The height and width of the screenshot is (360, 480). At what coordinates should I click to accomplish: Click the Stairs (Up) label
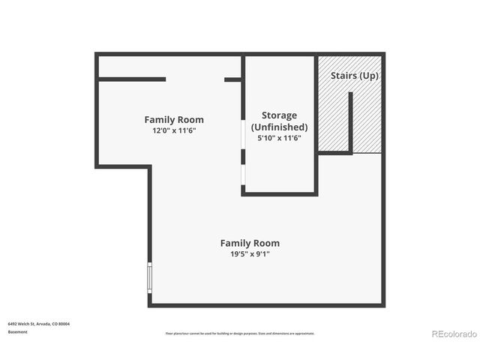coord(355,76)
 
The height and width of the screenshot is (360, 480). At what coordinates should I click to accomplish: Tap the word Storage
coord(279,115)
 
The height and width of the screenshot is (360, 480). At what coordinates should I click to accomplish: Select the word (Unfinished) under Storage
coord(279,127)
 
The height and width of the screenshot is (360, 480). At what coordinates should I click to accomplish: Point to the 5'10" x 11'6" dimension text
coord(279,138)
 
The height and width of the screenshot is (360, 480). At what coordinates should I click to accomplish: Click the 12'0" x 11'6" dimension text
coord(174,130)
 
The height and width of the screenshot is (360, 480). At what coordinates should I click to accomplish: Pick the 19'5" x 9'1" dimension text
coord(249,254)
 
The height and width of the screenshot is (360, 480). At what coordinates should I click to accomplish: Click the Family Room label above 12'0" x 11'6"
coord(174,120)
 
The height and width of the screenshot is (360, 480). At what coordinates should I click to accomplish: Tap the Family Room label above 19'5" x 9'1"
coord(249,243)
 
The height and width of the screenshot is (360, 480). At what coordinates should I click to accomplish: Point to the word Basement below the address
coord(18,331)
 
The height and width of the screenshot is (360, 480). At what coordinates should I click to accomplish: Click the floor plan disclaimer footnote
coord(240,333)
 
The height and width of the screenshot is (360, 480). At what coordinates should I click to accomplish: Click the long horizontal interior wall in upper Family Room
coord(132,79)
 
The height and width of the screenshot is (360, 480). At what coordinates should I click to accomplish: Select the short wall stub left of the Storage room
coord(232,79)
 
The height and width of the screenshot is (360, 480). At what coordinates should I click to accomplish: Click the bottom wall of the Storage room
coord(279,193)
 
